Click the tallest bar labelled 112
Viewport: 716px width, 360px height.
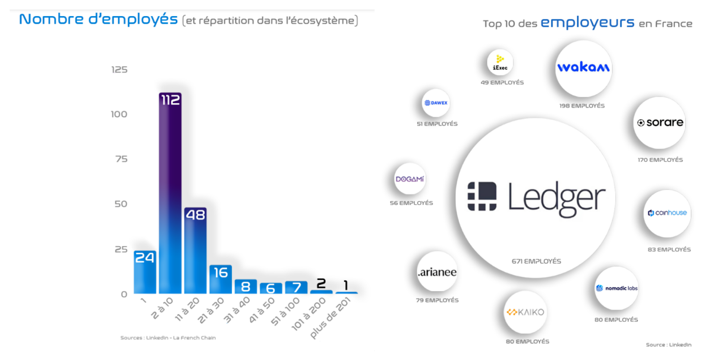click(170, 193)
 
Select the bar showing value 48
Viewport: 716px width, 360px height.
click(195, 250)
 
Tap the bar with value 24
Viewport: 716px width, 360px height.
click(145, 272)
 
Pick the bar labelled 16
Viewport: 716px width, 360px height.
click(221, 279)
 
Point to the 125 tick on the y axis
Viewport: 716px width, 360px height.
click(119, 70)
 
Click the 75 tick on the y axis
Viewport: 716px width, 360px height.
click(121, 159)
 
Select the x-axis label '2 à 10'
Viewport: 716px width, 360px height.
click(162, 308)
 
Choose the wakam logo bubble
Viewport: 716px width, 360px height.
click(584, 69)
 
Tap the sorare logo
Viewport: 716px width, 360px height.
click(660, 123)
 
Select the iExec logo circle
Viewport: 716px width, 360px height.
click(500, 62)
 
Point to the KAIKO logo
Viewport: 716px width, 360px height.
click(525, 312)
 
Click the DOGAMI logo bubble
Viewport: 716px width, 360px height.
click(410, 179)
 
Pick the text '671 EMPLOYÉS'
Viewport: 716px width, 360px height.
click(537, 261)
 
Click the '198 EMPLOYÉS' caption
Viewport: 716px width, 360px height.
click(582, 106)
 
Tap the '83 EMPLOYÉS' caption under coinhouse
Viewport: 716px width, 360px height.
click(669, 249)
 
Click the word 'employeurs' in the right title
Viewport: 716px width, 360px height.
click(588, 22)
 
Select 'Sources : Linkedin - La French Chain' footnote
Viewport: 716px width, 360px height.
click(168, 338)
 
